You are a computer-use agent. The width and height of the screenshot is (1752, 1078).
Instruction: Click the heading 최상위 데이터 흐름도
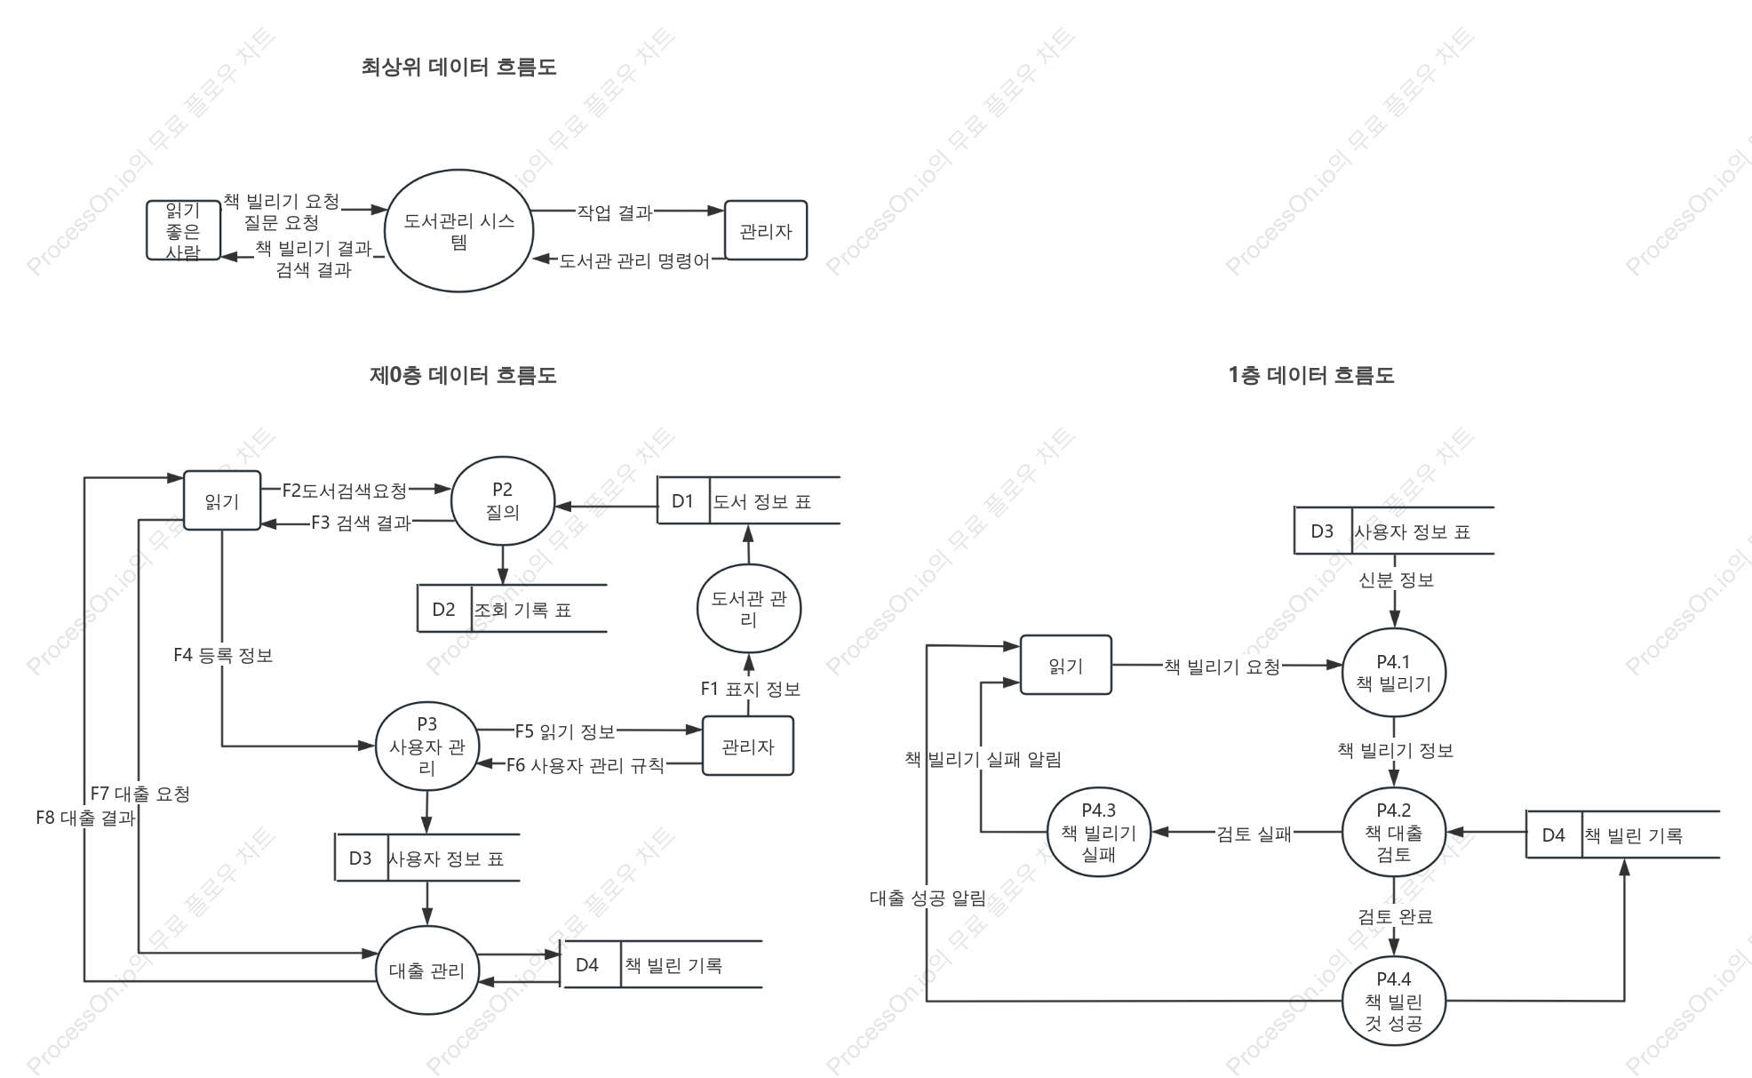tap(458, 67)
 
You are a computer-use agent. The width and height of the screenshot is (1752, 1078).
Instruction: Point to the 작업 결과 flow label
tap(615, 212)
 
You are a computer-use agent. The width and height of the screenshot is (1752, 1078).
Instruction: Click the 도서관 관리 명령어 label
tap(634, 261)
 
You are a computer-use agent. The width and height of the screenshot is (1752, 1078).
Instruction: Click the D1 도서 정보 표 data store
tap(748, 500)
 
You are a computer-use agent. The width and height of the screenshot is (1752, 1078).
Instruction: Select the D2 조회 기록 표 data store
tap(512, 609)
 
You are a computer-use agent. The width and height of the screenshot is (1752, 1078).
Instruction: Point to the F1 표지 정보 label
tap(750, 689)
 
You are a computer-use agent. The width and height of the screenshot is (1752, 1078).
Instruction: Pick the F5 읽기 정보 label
tap(565, 731)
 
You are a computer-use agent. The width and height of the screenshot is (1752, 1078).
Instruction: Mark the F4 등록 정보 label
tap(223, 655)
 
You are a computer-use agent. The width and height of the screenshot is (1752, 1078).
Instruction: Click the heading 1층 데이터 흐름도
tap(1311, 376)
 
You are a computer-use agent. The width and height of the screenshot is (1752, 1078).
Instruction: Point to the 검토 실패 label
tap(1254, 834)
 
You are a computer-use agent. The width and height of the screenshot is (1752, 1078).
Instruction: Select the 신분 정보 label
tap(1396, 580)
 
